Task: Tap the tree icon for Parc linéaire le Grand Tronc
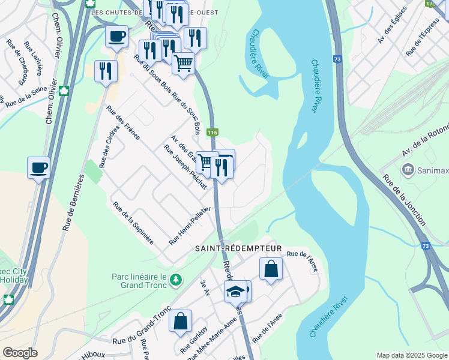click(x=176, y=280)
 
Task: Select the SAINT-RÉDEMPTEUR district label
click(x=238, y=248)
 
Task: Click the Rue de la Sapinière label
click(x=133, y=223)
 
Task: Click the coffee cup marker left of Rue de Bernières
click(x=38, y=167)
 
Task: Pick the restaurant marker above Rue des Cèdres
click(x=106, y=71)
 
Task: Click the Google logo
click(x=20, y=353)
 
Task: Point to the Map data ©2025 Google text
click(x=411, y=355)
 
